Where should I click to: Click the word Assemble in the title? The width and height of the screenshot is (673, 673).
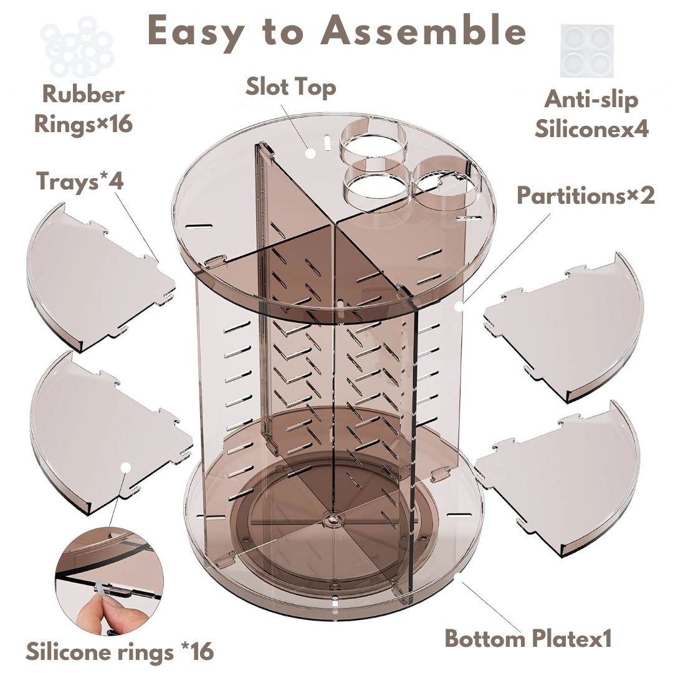[424, 31]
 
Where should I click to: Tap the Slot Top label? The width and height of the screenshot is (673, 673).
[290, 87]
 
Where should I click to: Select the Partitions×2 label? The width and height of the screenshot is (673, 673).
[586, 196]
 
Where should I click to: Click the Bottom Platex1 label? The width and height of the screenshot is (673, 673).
[528, 639]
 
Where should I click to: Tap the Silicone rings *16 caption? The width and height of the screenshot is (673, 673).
[120, 652]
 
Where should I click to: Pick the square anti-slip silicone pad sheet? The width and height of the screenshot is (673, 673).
[586, 50]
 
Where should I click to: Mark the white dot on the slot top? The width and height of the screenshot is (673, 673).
[310, 152]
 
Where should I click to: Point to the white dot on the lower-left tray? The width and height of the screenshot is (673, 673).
[126, 467]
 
